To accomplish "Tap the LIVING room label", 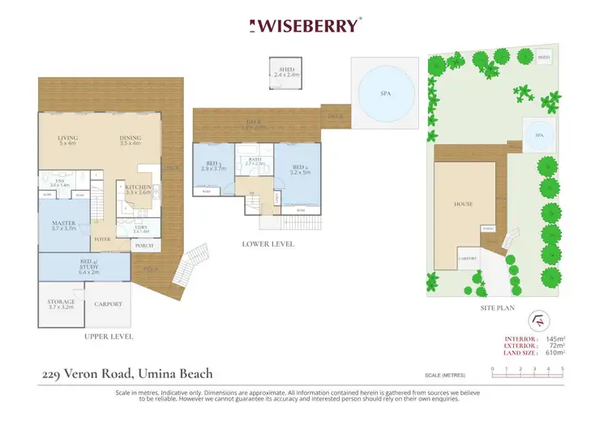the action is tap(67, 139).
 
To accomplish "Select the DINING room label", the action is tap(130, 139).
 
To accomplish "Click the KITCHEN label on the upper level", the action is tap(138, 187).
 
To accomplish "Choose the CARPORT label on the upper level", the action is tap(108, 304).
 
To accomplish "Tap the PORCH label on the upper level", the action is tap(144, 246).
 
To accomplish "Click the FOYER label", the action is tap(102, 240).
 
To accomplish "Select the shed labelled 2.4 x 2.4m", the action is tap(286, 73).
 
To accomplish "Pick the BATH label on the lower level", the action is tap(255, 160).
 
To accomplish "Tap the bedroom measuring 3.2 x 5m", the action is tap(298, 170).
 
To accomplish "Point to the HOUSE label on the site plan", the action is tap(463, 204).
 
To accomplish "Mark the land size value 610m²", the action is tap(554, 352).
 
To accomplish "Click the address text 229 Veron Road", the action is tap(127, 374).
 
